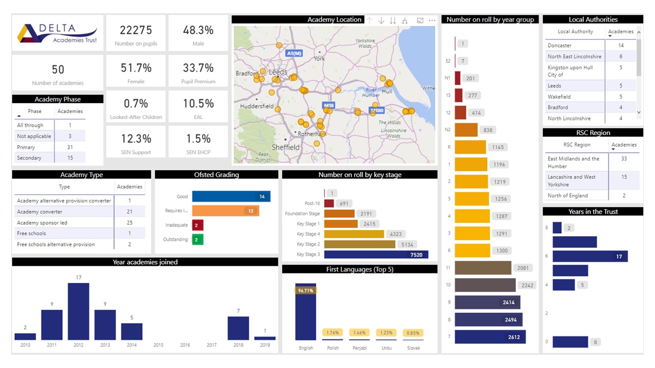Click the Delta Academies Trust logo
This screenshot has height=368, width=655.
(57, 33)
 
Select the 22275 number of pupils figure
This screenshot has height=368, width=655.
(136, 30)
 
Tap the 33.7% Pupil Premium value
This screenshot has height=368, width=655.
(198, 68)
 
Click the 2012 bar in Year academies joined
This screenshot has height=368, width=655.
(78, 311)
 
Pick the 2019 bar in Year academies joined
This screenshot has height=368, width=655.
(265, 338)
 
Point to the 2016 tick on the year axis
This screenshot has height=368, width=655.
(185, 345)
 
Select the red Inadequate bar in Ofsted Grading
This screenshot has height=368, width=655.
(198, 225)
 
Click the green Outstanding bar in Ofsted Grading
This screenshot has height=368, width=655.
(198, 239)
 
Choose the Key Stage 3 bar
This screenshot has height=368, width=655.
(376, 255)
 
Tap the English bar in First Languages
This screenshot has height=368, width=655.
(305, 312)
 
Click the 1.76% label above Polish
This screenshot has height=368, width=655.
(332, 333)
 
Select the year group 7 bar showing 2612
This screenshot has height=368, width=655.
(490, 337)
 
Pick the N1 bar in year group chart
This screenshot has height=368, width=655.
(457, 78)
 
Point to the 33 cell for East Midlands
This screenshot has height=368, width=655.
(624, 159)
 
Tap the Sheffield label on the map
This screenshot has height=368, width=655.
(286, 147)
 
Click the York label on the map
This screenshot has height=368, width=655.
(319, 58)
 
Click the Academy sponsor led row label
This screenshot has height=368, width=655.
(42, 223)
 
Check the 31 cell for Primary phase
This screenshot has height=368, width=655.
(70, 147)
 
